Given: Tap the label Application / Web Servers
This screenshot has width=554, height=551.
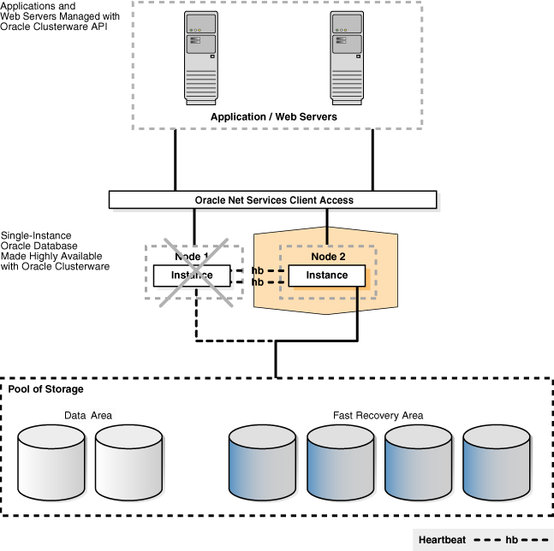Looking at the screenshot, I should pos(274,116).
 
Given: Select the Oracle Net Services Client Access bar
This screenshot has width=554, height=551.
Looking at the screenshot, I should pos(273,200).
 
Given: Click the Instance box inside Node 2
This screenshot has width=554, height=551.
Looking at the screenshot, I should pos(327,275).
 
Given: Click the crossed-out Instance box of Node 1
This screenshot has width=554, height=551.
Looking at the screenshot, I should pos(192,275).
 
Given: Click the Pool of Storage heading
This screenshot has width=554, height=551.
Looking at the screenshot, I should pos(46,389).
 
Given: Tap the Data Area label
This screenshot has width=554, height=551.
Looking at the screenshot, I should pos(88,416).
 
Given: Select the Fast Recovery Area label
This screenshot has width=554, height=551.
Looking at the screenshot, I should pos(378,416).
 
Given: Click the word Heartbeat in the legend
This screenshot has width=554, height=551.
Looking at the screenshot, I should pos(442,540).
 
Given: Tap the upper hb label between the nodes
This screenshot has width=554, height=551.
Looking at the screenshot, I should pos(258,271).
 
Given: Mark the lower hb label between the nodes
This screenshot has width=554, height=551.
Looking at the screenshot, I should pos(258,281).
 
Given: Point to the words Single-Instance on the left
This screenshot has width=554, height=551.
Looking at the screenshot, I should pos(35,235).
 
